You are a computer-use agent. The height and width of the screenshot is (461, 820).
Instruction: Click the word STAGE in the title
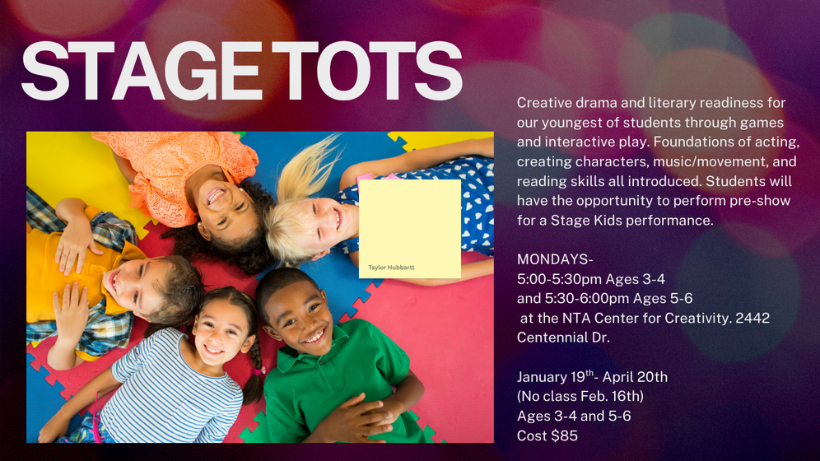142,71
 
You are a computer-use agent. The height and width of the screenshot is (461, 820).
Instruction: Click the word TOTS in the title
367,71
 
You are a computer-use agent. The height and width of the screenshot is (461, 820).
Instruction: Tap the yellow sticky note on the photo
409,229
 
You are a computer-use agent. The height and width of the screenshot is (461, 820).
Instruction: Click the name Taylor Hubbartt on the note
391,268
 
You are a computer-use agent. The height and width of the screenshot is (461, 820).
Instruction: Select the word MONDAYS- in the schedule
555,259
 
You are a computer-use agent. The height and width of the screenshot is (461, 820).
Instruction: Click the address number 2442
752,318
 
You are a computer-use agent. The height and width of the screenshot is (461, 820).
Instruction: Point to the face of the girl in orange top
222,201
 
